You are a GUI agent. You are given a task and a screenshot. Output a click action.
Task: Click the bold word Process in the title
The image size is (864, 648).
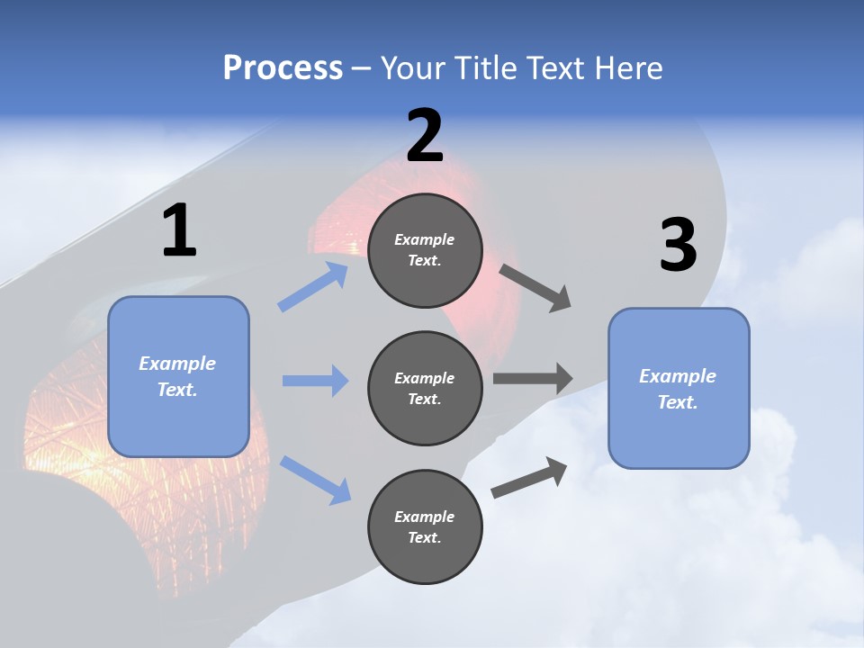point(283,68)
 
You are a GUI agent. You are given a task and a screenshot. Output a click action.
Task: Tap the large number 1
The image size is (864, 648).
point(179,231)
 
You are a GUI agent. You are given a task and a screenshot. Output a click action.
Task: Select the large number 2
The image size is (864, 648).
point(425,136)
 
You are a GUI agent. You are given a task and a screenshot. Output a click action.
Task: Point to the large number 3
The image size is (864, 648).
point(678,246)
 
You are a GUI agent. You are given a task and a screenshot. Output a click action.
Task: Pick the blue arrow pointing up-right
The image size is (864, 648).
point(313,287)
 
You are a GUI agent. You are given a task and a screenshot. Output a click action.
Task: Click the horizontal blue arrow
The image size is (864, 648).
point(315,381)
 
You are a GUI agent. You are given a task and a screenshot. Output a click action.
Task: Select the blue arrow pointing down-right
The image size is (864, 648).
point(315,480)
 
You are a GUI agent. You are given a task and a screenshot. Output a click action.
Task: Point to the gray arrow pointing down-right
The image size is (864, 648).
point(535,288)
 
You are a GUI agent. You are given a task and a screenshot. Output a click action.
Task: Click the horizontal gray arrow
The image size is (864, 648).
point(533,379)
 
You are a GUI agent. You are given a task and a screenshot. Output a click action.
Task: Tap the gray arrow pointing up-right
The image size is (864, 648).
point(529,478)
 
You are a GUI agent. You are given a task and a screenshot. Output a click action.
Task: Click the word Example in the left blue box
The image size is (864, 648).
point(177,364)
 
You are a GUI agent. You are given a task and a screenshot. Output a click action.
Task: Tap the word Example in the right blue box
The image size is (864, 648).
point(678,376)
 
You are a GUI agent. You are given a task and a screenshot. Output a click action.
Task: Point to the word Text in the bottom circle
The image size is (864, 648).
point(423,537)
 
